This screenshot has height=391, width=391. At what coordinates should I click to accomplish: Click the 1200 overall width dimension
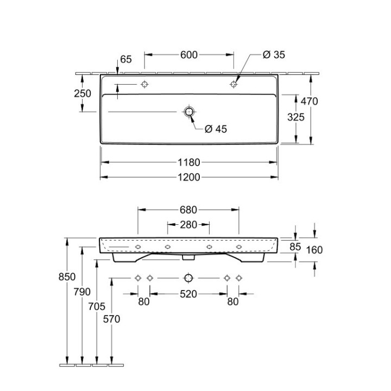click(189, 177)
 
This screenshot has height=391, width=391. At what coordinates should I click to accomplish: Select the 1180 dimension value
click(189, 162)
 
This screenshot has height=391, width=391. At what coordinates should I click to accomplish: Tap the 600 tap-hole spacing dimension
click(189, 55)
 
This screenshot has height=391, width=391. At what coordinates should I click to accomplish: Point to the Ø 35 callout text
click(274, 55)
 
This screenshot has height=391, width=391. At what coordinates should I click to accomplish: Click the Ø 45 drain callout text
click(216, 129)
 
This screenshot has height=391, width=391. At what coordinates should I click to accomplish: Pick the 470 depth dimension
click(309, 101)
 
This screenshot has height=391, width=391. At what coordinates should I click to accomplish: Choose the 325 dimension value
click(296, 117)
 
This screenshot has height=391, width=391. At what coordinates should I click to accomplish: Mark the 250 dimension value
click(83, 93)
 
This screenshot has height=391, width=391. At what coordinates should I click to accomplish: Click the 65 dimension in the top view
click(126, 59)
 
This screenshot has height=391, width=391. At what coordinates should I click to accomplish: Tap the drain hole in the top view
click(189, 111)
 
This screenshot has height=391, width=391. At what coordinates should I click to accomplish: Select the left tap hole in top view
click(144, 84)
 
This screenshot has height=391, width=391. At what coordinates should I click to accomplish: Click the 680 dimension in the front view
click(188, 210)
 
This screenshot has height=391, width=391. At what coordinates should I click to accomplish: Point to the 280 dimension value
click(188, 225)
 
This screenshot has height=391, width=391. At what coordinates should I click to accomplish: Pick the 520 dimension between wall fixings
click(188, 294)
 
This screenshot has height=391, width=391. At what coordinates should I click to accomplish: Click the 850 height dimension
click(67, 277)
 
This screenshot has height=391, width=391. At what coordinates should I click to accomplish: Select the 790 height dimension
click(82, 292)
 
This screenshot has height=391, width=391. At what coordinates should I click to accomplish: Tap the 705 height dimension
click(97, 306)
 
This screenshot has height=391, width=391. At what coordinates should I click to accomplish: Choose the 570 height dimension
click(111, 319)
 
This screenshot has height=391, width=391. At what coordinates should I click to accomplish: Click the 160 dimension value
click(314, 250)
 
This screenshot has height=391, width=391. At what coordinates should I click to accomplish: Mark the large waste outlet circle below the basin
click(188, 278)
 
